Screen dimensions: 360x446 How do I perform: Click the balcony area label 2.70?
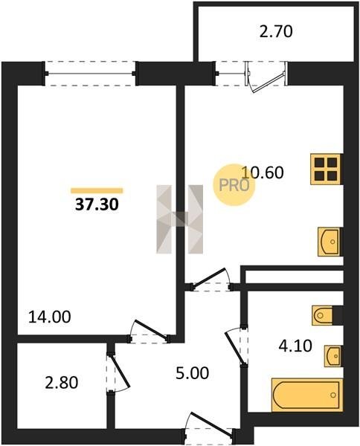(x=276, y=31)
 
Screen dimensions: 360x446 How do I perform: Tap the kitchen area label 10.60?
(x=263, y=172)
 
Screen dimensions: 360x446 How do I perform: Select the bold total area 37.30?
(x=97, y=204)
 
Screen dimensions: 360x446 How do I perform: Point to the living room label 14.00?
(x=50, y=317)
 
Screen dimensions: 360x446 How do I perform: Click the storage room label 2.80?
(x=62, y=382)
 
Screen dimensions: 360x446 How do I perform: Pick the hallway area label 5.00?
(x=193, y=373)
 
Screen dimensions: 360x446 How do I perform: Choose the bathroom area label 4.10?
(x=295, y=346)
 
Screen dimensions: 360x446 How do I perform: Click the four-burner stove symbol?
(x=326, y=169)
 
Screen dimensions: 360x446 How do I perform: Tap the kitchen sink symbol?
(x=330, y=242)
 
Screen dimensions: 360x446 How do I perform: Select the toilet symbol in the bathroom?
(x=322, y=315)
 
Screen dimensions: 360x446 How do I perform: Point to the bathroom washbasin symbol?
(x=332, y=355)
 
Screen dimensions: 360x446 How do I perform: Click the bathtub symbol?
(x=306, y=395)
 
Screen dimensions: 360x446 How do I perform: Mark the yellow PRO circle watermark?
(x=234, y=185)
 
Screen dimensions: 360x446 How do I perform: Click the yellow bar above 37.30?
(x=97, y=190)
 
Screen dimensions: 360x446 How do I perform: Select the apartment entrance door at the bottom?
(x=209, y=428)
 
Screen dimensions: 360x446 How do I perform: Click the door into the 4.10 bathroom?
(x=237, y=346)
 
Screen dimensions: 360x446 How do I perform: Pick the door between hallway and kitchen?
(x=211, y=280)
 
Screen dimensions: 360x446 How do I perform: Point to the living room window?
(x=90, y=74)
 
